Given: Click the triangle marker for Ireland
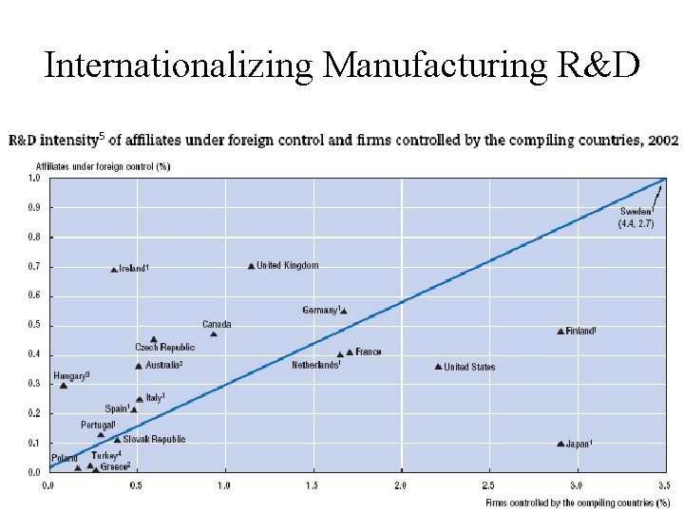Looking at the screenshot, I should (114, 270).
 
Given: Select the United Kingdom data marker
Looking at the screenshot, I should (251, 267).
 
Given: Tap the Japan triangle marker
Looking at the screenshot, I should (560, 444).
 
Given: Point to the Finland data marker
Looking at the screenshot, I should (560, 332).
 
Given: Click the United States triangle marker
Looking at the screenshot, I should (438, 367).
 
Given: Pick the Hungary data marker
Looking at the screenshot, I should (64, 386).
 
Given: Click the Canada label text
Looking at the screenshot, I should (217, 325).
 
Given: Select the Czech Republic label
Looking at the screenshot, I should (164, 348).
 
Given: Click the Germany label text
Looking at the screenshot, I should (320, 311).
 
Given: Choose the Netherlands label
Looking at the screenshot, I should (315, 366).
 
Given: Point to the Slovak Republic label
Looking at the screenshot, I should (154, 440).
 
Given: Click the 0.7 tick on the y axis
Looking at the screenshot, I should (34, 266).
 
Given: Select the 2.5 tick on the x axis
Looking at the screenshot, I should (488, 485).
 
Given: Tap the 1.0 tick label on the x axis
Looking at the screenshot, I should (223, 485).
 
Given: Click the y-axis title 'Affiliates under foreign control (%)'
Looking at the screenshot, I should (89, 166).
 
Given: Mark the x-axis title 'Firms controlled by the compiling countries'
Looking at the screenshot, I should (571, 503).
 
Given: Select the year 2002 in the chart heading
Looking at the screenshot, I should (662, 141).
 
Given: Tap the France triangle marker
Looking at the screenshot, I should (350, 352).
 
